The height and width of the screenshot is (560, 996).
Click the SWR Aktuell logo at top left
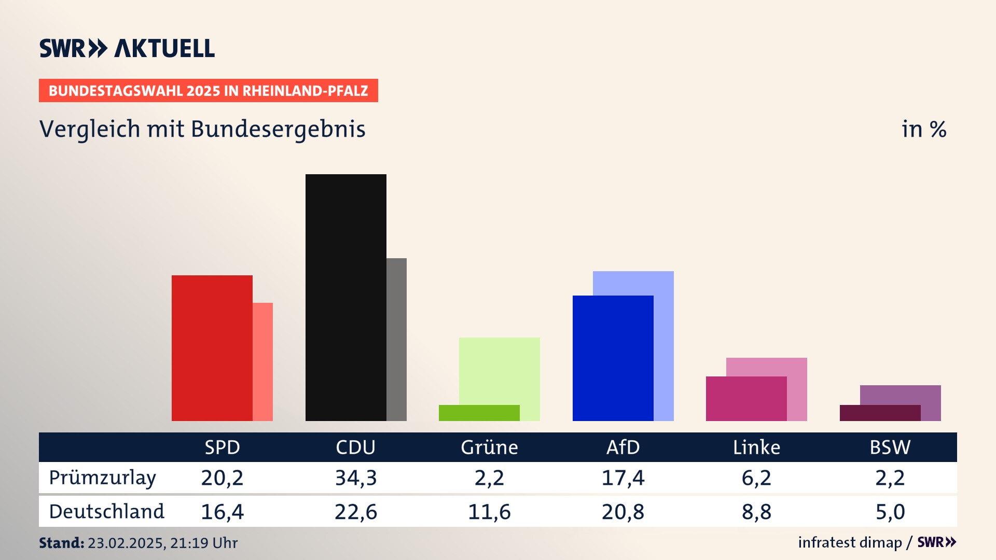click(x=127, y=48)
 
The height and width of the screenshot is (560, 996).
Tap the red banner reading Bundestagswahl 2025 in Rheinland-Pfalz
click(x=208, y=91)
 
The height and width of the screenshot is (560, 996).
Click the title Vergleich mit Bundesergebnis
click(x=202, y=129)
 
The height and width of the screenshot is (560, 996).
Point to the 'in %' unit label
click(x=924, y=130)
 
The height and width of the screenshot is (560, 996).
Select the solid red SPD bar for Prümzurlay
click(x=212, y=347)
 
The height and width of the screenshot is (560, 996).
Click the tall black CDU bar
click(x=345, y=297)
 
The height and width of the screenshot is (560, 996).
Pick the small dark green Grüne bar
click(x=479, y=413)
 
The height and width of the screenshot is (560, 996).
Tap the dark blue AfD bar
click(x=613, y=358)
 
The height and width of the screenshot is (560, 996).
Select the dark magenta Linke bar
click(x=746, y=398)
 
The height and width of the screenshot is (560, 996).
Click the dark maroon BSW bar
click(x=880, y=413)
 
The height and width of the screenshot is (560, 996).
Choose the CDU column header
click(x=355, y=447)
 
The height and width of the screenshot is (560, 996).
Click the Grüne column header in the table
click(x=489, y=447)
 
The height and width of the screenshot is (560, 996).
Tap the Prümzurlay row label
click(x=103, y=478)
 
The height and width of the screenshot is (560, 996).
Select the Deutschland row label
click(x=107, y=512)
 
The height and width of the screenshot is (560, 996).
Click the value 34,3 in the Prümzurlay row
click(x=356, y=478)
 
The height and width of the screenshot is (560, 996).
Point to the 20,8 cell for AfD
click(x=623, y=512)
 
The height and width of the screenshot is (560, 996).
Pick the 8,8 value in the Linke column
click(x=756, y=512)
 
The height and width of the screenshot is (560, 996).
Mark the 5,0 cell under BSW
click(x=890, y=512)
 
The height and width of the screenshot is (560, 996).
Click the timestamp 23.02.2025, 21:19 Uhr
click(x=162, y=543)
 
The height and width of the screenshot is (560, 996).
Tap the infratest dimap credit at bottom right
click(x=850, y=542)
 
